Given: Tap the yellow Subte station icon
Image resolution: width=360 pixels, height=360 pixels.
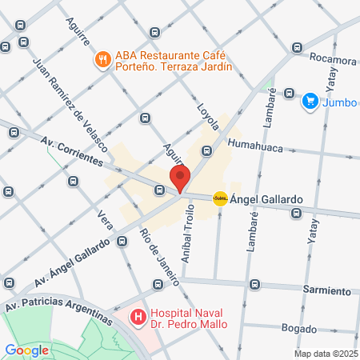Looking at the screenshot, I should [x=219, y=198].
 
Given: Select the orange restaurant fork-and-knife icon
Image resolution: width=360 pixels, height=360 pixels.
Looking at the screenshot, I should [x=102, y=60].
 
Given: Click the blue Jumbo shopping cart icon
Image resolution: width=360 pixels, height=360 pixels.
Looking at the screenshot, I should [x=310, y=102].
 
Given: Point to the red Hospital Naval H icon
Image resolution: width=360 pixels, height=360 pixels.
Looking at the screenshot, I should [x=138, y=318].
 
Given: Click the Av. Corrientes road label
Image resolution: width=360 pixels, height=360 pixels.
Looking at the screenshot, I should [x=73, y=151].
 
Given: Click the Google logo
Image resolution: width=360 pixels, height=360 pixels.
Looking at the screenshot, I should [x=26, y=350].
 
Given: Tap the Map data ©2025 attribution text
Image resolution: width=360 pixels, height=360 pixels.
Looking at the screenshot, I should [x=326, y=354].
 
